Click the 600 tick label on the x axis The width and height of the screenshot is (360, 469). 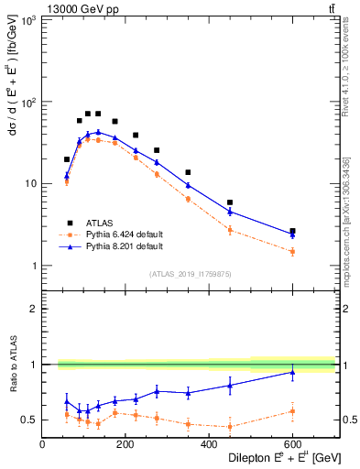(x=292, y=446)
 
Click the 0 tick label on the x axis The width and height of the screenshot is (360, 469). (x=42, y=446)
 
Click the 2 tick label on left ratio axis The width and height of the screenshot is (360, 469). (x=33, y=309)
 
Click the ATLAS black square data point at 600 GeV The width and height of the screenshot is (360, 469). (x=292, y=231)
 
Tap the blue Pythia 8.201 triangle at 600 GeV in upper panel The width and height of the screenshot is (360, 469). (x=292, y=234)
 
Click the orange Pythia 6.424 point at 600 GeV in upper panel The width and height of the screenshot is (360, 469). (x=292, y=251)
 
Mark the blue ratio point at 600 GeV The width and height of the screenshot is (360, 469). (x=292, y=372)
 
